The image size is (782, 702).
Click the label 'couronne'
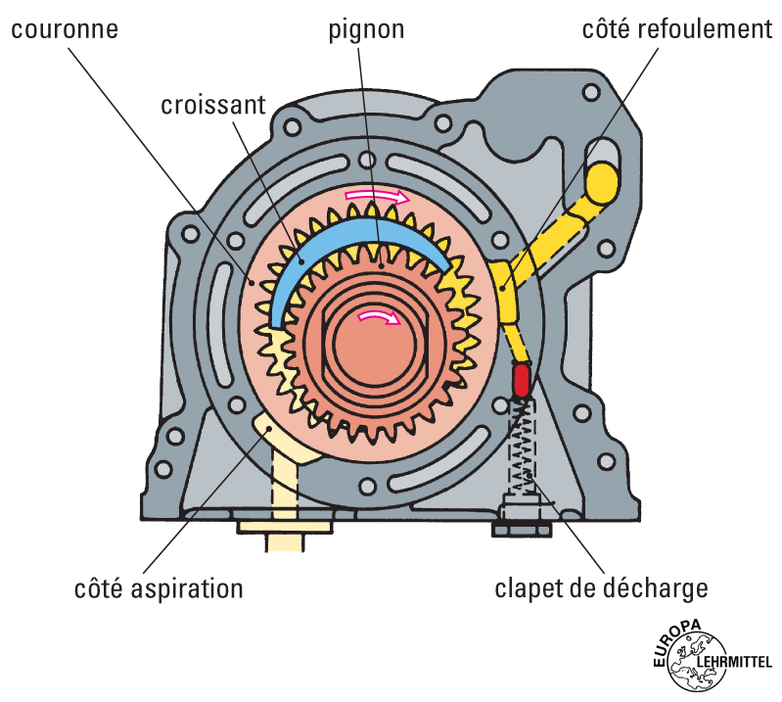coord(65,28)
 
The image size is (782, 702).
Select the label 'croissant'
coord(213,105)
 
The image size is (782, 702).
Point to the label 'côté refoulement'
coord(676,28)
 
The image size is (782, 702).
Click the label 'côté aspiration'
coord(159,589)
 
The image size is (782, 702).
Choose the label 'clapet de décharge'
coord(601,589)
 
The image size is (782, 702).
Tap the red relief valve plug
coord(521,379)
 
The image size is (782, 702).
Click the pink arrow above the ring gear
coord(377,197)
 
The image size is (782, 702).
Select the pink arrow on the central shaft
coord(378,316)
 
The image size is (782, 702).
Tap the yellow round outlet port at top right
coord(601,181)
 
